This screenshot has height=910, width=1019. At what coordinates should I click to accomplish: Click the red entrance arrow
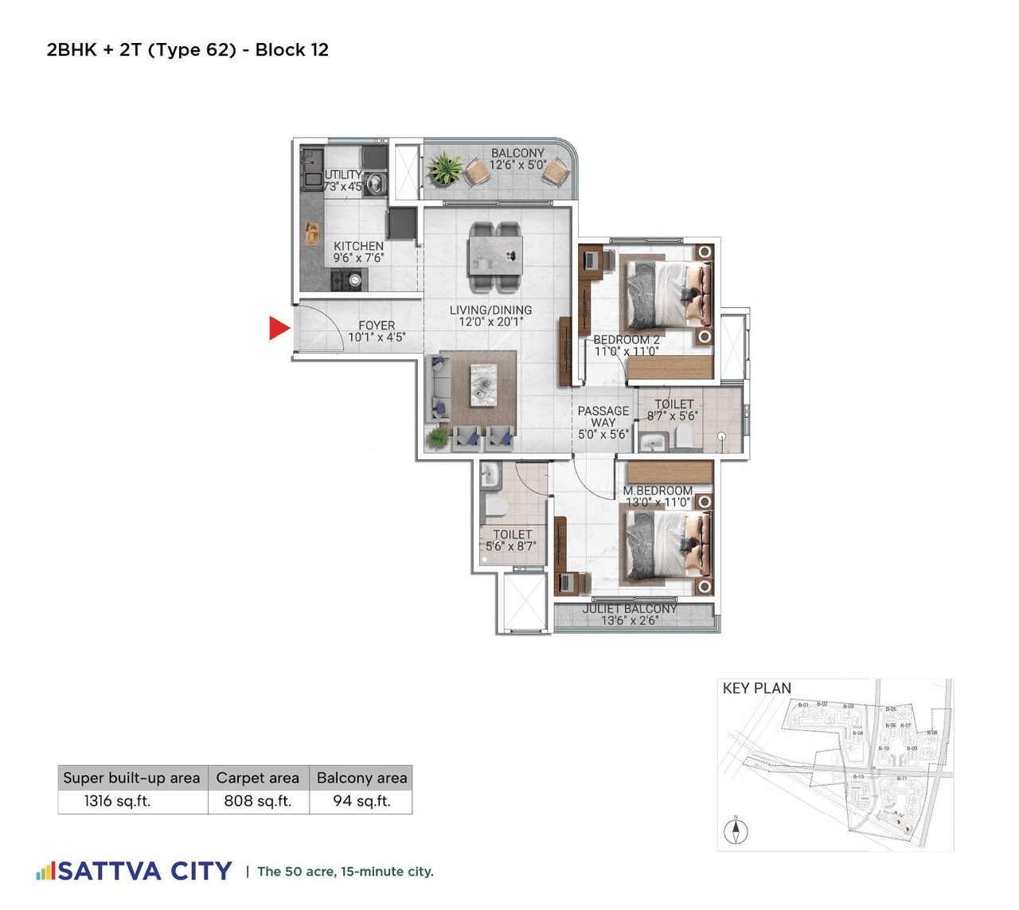pyautogui.click(x=278, y=328)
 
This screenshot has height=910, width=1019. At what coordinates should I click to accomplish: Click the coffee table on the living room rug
pyautogui.click(x=483, y=385)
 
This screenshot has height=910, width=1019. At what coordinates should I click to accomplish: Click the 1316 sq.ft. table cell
pyautogui.click(x=117, y=801)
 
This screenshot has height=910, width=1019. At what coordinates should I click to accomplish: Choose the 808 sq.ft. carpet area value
pyautogui.click(x=257, y=801)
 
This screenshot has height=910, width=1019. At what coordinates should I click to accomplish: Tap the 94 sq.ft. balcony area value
pyautogui.click(x=361, y=801)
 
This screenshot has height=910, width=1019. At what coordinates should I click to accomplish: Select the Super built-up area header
pyautogui.click(x=131, y=778)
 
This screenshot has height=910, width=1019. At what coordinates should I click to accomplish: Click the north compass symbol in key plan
pyautogui.click(x=736, y=831)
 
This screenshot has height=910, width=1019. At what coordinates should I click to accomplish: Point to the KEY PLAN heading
pyautogui.click(x=756, y=689)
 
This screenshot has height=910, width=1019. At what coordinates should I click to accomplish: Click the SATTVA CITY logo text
pyautogui.click(x=145, y=871)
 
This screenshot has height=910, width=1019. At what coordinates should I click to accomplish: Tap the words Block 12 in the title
pyautogui.click(x=291, y=50)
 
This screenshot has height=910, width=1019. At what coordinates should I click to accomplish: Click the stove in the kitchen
pyautogui.click(x=349, y=280)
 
